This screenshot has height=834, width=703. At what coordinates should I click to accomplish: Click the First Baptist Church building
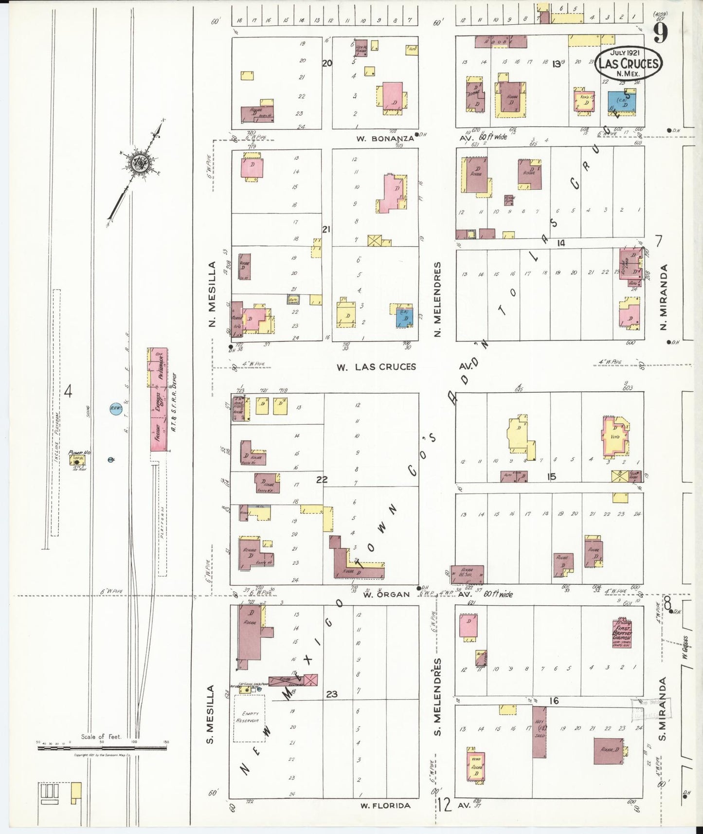621,633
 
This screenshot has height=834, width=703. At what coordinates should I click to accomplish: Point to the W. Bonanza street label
385,139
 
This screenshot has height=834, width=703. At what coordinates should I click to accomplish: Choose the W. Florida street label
385,805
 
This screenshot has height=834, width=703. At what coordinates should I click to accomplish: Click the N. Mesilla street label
212,294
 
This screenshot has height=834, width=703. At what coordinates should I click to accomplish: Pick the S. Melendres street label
437,697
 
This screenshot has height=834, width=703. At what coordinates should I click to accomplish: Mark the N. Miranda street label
664,297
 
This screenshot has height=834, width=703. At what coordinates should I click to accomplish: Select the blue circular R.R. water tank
116,409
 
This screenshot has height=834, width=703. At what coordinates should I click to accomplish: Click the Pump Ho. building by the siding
77,459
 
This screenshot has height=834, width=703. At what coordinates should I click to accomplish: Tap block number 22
322,480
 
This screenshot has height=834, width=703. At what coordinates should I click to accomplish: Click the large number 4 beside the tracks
68,391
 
